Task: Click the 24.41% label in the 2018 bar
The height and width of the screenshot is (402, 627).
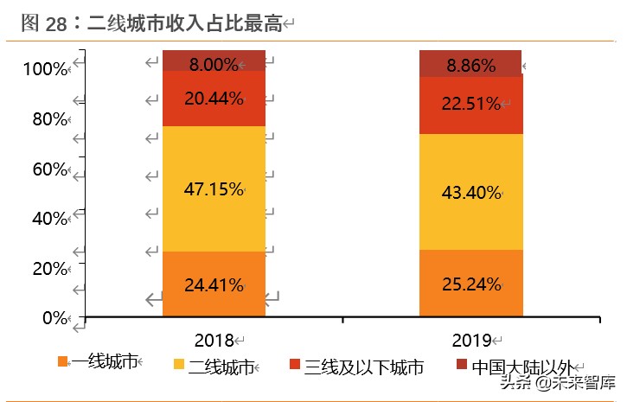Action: pyautogui.click(x=213, y=284)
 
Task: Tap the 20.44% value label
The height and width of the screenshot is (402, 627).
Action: pyautogui.click(x=213, y=99)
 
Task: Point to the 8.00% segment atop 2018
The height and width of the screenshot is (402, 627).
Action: pyautogui.click(x=213, y=63)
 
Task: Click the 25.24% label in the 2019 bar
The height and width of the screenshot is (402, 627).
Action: pyautogui.click(x=470, y=284)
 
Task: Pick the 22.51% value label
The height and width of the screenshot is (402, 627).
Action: pyautogui.click(x=470, y=104)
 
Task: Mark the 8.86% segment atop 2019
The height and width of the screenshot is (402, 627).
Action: pyautogui.click(x=470, y=65)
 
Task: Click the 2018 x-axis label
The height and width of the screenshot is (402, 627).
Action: pyautogui.click(x=215, y=340)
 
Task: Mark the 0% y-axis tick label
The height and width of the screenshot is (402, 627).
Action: pyautogui.click(x=54, y=318)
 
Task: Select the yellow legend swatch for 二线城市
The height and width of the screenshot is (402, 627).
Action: pyautogui.click(x=179, y=365)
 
